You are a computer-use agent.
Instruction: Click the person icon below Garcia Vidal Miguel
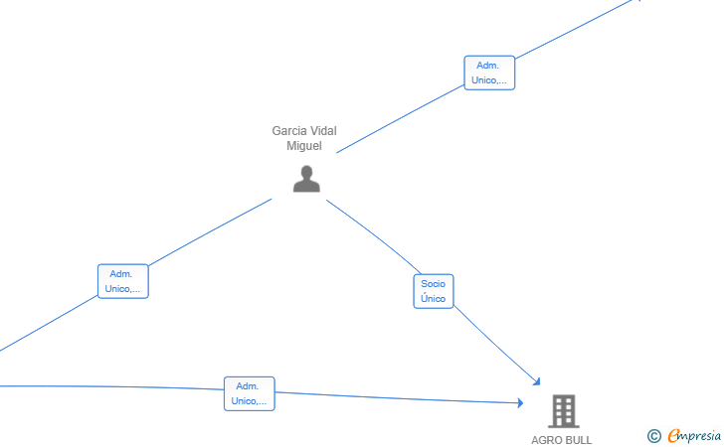coord(306,179)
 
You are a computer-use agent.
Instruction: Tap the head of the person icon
coord(306,172)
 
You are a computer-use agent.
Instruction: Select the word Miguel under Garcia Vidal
coord(304,146)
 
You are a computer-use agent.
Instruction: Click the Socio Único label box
coord(434,291)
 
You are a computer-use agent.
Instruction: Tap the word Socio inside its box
coord(434,284)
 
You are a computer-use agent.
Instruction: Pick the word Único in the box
coord(434,298)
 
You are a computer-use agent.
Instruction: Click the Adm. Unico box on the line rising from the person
coord(489,73)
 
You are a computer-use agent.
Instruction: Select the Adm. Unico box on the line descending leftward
coord(123,281)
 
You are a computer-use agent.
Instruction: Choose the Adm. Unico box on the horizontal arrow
coord(250,393)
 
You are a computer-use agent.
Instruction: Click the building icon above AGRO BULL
coord(564,411)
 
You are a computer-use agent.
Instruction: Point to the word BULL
coord(579,440)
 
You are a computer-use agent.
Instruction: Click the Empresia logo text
coord(694,435)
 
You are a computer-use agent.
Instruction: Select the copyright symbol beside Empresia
coord(654,436)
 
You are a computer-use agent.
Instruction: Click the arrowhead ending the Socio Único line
coord(537,381)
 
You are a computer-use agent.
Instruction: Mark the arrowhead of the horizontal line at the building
coord(520,403)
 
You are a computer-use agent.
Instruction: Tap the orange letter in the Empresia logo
coord(674,435)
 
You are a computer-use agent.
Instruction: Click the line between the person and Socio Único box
coord(375,235)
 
